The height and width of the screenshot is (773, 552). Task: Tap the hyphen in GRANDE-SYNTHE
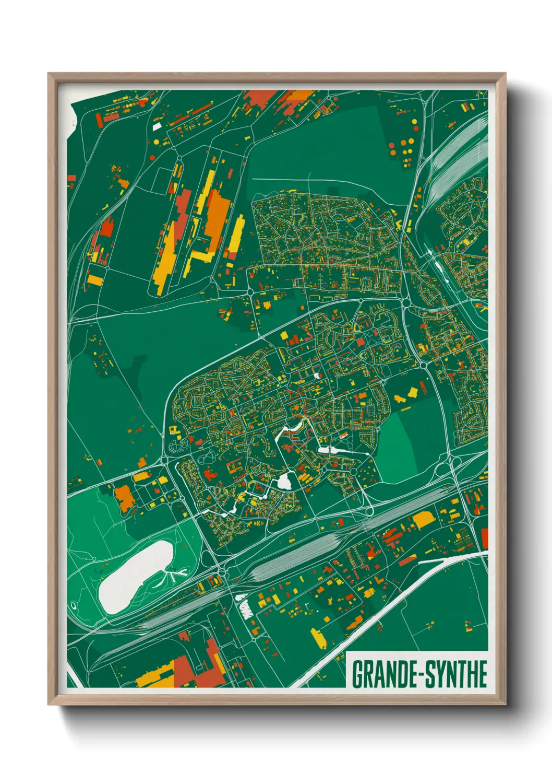[x=418, y=674]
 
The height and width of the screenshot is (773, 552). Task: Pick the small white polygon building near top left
[x=157, y=126]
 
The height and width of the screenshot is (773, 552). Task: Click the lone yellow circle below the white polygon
[x=155, y=142]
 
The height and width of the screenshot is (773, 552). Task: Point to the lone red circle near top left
[x=151, y=157]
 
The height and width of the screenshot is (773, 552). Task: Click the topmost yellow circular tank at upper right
[x=414, y=122]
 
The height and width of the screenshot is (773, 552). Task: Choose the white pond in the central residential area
[x=284, y=481]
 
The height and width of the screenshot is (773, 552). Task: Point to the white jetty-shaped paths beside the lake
[x=175, y=575]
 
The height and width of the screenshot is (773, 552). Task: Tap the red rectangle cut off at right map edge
[x=485, y=538]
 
